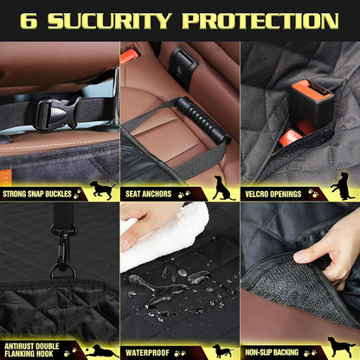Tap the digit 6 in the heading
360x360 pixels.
point(29,20)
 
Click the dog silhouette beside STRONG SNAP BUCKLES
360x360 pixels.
point(102,190)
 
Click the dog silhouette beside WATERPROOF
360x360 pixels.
point(223,350)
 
